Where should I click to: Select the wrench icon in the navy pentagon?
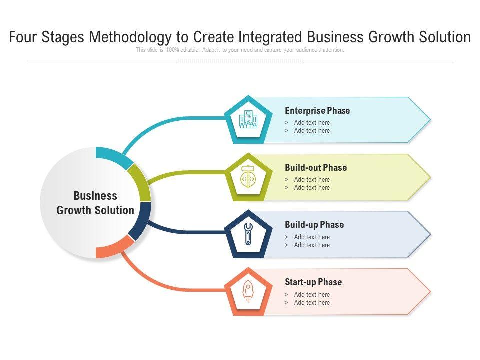point(248,234)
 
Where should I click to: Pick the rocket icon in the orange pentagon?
point(248,291)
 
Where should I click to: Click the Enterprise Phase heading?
point(317,111)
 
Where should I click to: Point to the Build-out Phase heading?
point(316,168)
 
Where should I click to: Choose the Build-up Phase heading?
point(314,225)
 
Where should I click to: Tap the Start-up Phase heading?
point(313,282)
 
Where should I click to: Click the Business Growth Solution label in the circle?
point(95,203)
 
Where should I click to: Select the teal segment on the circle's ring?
point(114,156)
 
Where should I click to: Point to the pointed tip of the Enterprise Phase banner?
point(428,120)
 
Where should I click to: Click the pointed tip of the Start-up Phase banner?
point(428,291)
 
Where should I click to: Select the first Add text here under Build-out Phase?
point(312,180)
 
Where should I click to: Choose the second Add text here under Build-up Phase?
point(312,245)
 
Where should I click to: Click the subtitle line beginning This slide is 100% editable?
point(240,50)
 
